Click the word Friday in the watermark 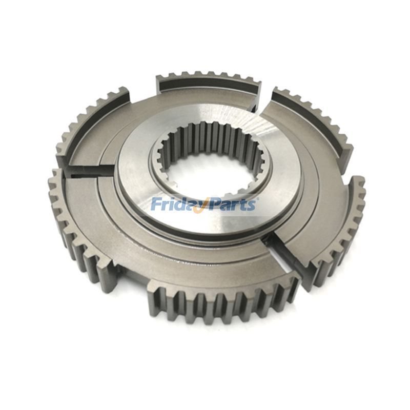tap(177, 204)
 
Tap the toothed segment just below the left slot tap(77, 225)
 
